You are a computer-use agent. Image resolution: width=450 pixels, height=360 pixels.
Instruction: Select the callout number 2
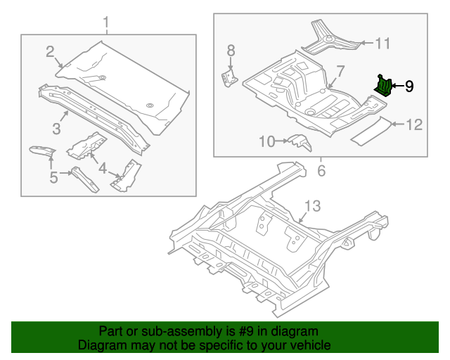click(x=50, y=51)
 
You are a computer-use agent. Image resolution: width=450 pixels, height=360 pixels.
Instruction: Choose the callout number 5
click(x=53, y=178)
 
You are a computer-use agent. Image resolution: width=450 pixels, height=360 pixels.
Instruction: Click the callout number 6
click(x=321, y=171)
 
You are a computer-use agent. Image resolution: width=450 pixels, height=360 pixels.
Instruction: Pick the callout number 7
click(x=340, y=71)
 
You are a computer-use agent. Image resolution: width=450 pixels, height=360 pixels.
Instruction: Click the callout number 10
click(x=267, y=141)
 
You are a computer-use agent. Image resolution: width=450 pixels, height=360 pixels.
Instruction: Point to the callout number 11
click(x=382, y=44)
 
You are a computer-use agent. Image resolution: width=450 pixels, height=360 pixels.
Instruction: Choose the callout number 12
click(x=414, y=125)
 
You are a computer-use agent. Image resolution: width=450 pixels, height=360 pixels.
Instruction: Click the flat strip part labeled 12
click(x=370, y=131)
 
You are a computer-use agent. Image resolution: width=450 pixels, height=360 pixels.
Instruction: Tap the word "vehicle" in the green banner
click(x=308, y=345)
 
